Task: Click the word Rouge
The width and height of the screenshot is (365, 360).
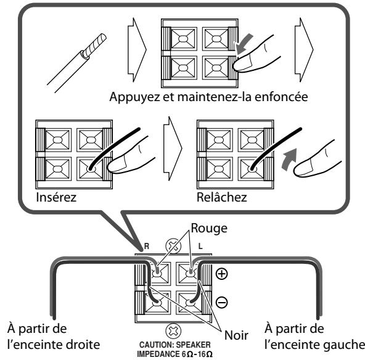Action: coord(209,229)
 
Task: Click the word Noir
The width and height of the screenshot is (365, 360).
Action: coord(236,335)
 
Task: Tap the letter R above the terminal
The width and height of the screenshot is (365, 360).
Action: coord(146,246)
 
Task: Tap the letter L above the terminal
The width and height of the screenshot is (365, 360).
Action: coord(200,246)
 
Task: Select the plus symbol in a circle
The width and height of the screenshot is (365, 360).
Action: coord(221,274)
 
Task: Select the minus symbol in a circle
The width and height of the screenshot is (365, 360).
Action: coord(221,302)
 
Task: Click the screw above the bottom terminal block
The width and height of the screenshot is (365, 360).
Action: coord(173,246)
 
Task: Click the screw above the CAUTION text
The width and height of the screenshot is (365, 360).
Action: coord(173,330)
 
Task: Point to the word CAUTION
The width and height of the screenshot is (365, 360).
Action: coord(155,345)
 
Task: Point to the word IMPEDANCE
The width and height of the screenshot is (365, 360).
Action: coord(158,354)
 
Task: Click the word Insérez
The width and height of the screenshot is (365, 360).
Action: coord(56,197)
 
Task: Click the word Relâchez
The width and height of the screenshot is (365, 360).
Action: coord(221,197)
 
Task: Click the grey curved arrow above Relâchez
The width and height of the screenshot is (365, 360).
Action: coord(289,159)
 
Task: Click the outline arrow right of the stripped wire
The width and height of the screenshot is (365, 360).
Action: coord(137,50)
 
